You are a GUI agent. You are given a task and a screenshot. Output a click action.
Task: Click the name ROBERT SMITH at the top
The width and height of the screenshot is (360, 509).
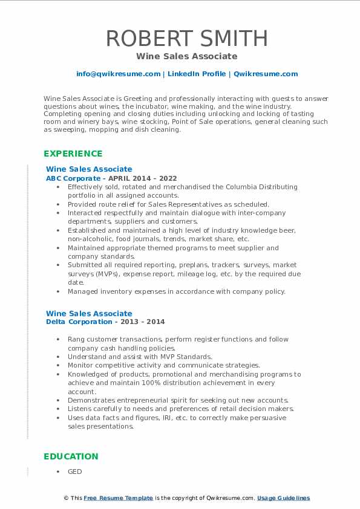187,38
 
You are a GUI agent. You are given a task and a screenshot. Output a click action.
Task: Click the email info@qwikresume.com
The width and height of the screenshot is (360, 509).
118,74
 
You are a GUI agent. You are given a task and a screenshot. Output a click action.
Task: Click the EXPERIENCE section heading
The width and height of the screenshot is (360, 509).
73,154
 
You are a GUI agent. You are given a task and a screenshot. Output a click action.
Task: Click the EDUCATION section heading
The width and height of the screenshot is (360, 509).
71,456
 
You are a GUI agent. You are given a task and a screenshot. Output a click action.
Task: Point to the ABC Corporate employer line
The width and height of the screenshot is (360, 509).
111,178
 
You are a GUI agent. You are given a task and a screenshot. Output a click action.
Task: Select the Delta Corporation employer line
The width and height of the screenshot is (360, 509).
105,322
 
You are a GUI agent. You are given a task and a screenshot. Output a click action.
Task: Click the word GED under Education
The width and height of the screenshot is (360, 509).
74,472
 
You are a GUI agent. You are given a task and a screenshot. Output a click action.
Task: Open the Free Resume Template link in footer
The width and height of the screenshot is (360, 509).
119,498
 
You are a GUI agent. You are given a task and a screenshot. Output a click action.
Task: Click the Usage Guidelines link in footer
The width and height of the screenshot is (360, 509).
283,498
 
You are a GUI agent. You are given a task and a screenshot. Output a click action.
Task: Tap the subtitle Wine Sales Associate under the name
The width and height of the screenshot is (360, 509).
187,56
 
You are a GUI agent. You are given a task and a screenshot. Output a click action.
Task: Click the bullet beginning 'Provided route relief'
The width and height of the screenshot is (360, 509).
168,204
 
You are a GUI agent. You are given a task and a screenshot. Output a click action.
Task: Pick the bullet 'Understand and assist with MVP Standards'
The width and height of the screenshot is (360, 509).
140,357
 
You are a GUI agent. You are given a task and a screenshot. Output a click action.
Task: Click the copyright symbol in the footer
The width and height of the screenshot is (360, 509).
67,498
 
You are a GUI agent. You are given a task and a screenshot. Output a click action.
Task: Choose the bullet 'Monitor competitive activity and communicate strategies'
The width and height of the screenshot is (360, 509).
163,365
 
